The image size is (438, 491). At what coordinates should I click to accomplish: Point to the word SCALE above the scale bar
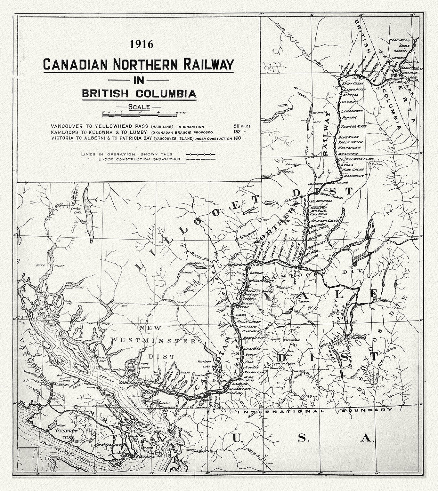click(139, 107)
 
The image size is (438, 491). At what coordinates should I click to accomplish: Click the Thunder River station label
click(353, 127)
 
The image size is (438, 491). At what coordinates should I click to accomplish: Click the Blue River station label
click(348, 137)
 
